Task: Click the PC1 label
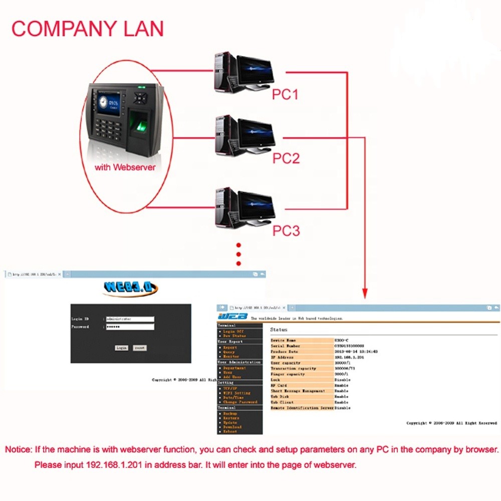pyautogui.click(x=285, y=94)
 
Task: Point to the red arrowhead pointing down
pyautogui.click(x=365, y=293)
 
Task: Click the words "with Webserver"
pyautogui.click(x=125, y=167)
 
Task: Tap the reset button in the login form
pyautogui.click(x=140, y=347)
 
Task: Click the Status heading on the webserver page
pyautogui.click(x=279, y=330)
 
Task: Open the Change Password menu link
pyautogui.click(x=240, y=402)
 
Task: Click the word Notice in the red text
pyautogui.click(x=19, y=449)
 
